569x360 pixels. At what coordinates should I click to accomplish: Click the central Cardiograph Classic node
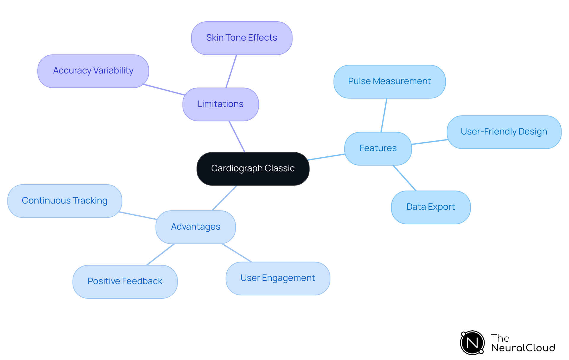pos(253,169)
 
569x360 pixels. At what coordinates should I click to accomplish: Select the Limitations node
pos(220,104)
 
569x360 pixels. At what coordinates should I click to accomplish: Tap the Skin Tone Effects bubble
pos(242,38)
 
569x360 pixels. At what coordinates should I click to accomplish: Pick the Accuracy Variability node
pos(93,71)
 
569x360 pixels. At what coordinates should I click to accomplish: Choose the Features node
pos(378,148)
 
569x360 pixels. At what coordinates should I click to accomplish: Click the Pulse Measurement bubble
pos(389,81)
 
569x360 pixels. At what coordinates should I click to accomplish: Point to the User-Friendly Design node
pos(504,132)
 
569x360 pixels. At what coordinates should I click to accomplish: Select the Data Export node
pos(430,207)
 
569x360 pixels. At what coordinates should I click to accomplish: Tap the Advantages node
pos(196,227)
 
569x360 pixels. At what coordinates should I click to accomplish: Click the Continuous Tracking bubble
pos(65,201)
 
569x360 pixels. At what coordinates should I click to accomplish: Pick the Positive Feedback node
pos(125,281)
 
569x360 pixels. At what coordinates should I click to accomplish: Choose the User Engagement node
pos(278,278)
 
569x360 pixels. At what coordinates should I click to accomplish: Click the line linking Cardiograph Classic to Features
pos(326,157)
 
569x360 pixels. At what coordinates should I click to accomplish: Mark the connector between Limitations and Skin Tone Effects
pos(231,71)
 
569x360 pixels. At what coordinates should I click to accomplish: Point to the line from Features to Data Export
pos(405,178)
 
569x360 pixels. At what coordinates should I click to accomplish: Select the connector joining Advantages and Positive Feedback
pos(160,255)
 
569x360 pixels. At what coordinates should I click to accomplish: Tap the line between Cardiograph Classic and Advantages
pos(224,198)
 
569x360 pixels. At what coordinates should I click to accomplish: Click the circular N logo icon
pos(472,343)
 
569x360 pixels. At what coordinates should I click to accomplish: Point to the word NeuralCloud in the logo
pos(523,348)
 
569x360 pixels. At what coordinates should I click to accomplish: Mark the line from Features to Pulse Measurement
pos(384,115)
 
